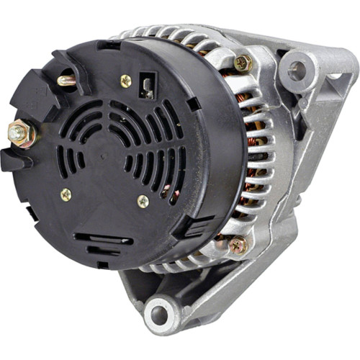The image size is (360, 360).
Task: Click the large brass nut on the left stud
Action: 19,132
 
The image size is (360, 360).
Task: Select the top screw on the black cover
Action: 126,81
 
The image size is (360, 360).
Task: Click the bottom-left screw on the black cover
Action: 66,194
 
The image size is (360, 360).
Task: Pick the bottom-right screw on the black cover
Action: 143,202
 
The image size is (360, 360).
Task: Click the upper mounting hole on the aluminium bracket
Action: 297,71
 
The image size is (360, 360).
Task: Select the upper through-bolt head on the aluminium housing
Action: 243,63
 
